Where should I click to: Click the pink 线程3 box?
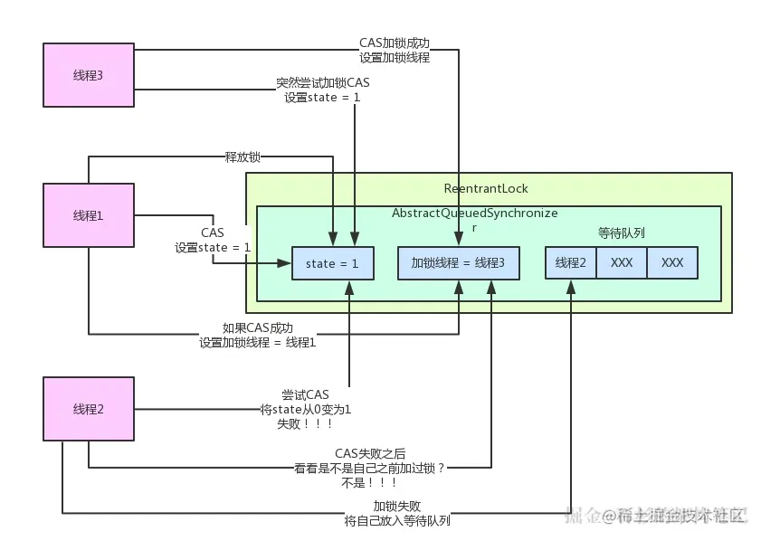pos(89,75)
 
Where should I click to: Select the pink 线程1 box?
pos(89,215)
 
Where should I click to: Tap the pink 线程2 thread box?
pos(89,409)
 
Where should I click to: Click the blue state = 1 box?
pos(333,263)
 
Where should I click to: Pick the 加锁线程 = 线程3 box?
pos(459,263)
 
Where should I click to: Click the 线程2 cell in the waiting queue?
pos(571,262)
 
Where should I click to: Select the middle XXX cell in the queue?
pos(622,262)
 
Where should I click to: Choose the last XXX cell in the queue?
pos(672,262)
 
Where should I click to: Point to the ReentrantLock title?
pos(486,188)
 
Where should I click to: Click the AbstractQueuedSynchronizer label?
pos(475,219)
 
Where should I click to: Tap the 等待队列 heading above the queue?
pos(622,233)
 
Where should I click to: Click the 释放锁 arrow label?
pos(243,157)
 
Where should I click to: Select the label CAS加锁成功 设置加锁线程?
pos(395,50)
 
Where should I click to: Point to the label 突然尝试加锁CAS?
pos(323,82)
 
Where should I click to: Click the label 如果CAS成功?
pos(258,328)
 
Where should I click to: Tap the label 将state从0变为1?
pos(306,410)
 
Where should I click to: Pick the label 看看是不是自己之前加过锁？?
pos(370,469)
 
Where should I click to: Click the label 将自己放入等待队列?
pos(397,520)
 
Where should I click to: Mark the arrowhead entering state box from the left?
pos(284,263)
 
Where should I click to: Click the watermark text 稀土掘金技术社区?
pos(682,516)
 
